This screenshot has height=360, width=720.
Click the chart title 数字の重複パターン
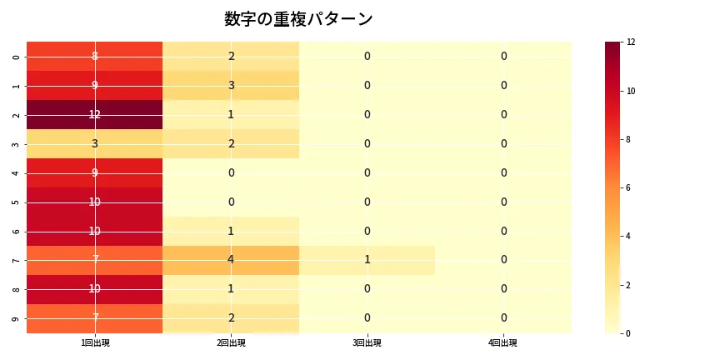tap(298, 19)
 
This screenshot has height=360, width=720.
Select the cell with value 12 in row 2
tap(95, 114)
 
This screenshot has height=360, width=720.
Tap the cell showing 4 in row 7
tap(231, 260)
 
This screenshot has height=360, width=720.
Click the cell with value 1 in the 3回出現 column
tap(367, 260)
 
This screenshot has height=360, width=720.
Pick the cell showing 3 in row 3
tap(95, 143)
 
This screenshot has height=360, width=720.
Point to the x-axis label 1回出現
tap(95, 343)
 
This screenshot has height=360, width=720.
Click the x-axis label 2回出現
tap(231, 343)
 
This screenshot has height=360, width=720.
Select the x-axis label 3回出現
tap(367, 343)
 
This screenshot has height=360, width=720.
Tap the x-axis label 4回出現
tap(503, 343)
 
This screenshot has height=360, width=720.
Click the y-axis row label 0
tap(17, 57)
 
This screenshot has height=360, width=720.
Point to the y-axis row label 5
tap(17, 202)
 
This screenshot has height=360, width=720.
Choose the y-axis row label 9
tap(17, 318)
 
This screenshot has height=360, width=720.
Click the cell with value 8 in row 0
tap(95, 56)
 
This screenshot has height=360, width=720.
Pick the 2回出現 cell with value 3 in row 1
tap(231, 85)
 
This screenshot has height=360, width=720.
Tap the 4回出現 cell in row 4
tap(503, 172)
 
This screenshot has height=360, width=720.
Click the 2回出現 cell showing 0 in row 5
tap(231, 202)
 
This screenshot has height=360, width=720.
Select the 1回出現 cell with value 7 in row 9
tap(95, 317)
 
